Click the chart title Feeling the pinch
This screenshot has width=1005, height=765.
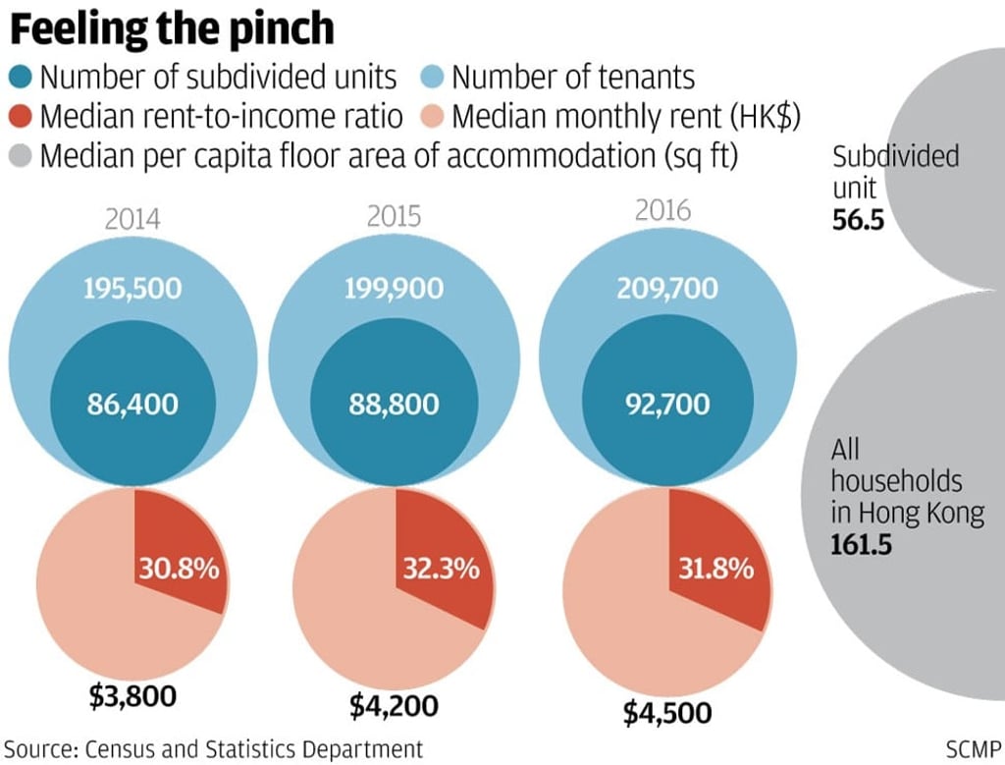172,29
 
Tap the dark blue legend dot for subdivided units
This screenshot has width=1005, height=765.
21,78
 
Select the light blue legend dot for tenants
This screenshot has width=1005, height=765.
433,78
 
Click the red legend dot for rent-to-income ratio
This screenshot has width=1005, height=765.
21,117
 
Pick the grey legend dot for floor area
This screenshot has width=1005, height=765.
21,156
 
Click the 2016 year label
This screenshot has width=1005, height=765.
663,210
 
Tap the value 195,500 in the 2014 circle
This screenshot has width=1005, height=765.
132,289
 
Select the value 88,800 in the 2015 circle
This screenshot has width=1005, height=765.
395,404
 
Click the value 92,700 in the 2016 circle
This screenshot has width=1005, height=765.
667,404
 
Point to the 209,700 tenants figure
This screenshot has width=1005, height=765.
667,289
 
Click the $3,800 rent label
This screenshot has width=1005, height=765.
132,696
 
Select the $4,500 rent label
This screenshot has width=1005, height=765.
667,712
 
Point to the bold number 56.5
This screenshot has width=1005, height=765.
858,218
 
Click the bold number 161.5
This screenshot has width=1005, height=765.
862,543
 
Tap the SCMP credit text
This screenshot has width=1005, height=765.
974,748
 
